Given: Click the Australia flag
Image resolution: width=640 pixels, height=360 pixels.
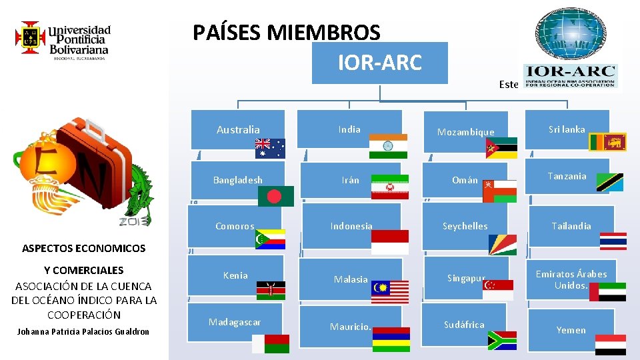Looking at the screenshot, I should (270, 148).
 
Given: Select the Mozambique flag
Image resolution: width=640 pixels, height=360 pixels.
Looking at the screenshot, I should (502, 148).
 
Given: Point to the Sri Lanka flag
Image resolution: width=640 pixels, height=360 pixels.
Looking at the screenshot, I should (607, 142).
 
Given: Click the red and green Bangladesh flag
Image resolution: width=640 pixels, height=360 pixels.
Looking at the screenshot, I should (280, 196).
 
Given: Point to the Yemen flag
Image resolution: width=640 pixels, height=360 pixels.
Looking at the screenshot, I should (610, 344).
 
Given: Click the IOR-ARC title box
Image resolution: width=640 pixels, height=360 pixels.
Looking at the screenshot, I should (380, 63).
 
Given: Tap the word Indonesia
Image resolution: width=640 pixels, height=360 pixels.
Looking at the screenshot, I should (351, 226).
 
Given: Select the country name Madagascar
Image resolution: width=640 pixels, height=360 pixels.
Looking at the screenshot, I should (235, 323).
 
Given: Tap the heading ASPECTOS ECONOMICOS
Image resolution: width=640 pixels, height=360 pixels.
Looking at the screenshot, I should (84, 249).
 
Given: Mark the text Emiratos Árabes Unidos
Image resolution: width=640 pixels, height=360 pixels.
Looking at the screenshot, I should (571, 280).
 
